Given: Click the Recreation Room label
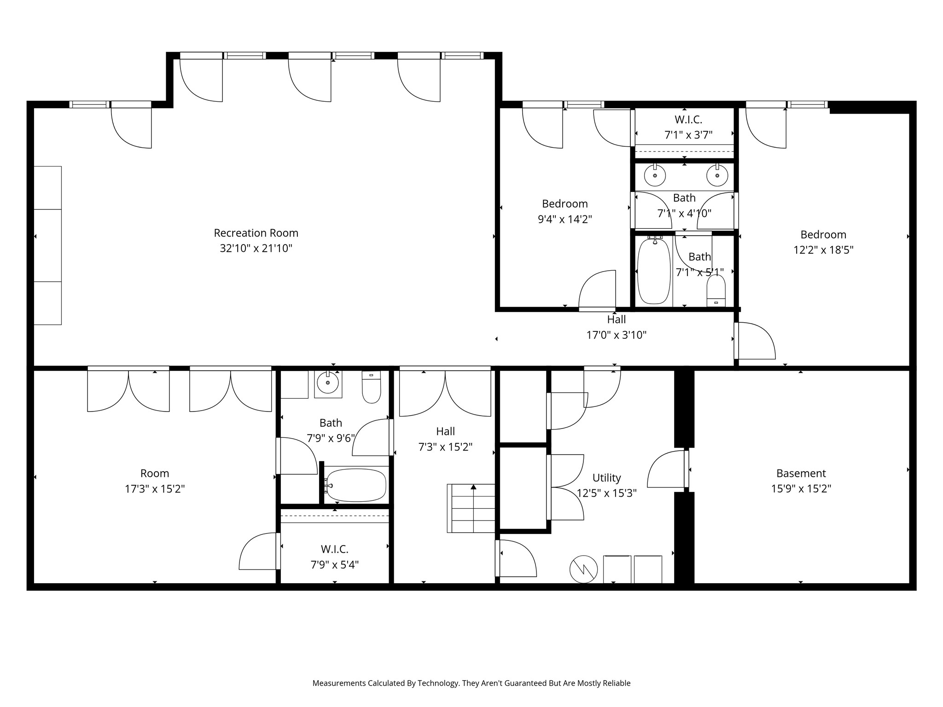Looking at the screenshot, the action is pyautogui.click(x=256, y=233).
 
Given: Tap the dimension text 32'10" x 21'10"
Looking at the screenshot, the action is pyautogui.click(x=256, y=249).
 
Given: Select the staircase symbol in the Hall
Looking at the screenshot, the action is pyautogui.click(x=471, y=508).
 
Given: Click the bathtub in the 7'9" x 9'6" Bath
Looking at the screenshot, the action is pyautogui.click(x=355, y=485).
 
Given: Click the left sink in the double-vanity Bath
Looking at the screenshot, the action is pyautogui.click(x=655, y=175).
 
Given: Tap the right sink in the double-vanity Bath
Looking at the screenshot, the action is pyautogui.click(x=717, y=175).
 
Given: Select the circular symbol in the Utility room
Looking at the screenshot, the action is pyautogui.click(x=583, y=570).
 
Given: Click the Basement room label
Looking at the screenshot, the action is pyautogui.click(x=801, y=473).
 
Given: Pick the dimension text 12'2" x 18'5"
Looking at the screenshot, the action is pyautogui.click(x=823, y=250).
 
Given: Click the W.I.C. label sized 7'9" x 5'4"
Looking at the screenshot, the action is pyautogui.click(x=335, y=549).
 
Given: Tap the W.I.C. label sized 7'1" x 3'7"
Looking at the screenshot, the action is pyautogui.click(x=688, y=120).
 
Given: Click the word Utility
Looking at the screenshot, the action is pyautogui.click(x=606, y=478).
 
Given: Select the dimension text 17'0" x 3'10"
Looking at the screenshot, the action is pyautogui.click(x=616, y=335).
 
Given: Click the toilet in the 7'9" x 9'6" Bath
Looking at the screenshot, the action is pyautogui.click(x=372, y=387).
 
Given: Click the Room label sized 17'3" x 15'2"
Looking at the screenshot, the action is pyautogui.click(x=155, y=473).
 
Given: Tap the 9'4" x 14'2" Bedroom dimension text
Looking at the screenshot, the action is pyautogui.click(x=565, y=219).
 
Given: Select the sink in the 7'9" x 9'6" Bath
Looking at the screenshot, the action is pyautogui.click(x=328, y=382).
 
